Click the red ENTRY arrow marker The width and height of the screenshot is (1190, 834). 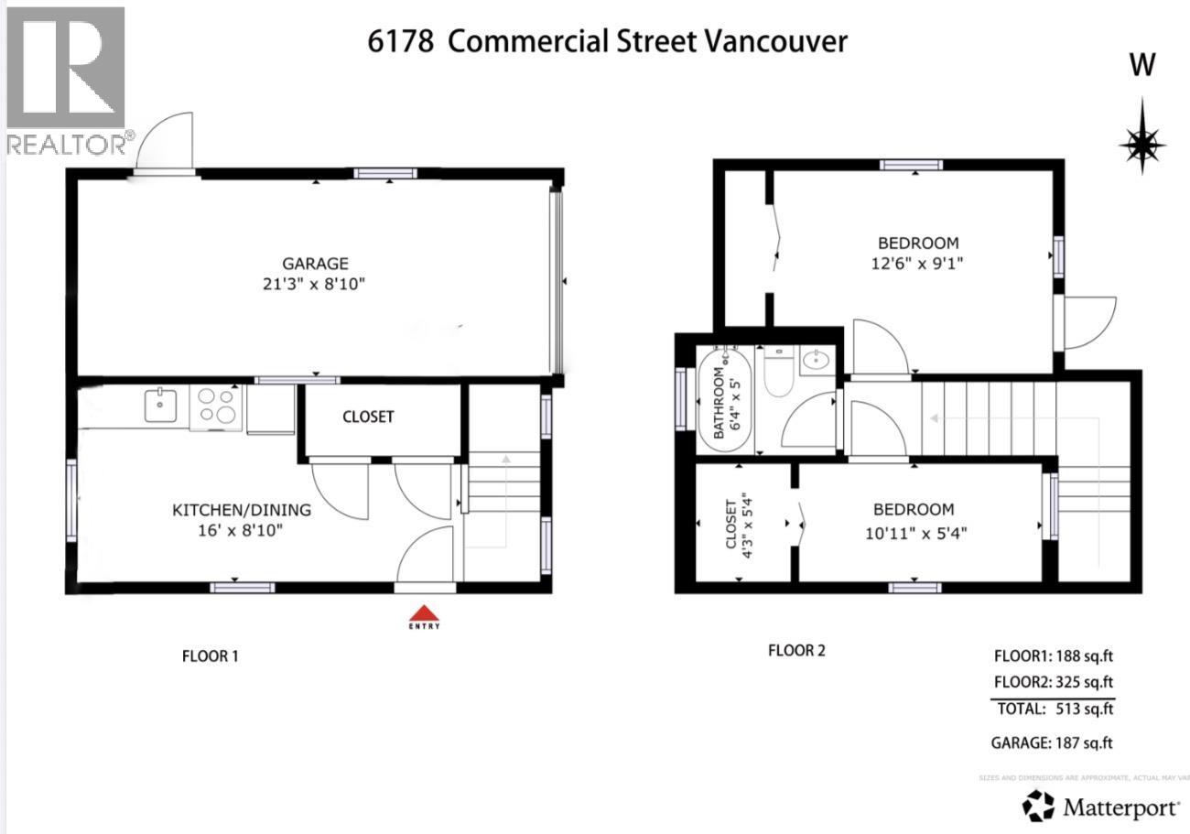click(424, 613)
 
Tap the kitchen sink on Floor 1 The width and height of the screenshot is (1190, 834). click(160, 405)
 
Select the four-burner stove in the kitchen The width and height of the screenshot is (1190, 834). click(217, 406)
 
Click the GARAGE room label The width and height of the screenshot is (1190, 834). click(315, 264)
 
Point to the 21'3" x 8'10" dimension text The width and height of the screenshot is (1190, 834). click(315, 285)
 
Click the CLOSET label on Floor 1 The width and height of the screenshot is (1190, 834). click(368, 417)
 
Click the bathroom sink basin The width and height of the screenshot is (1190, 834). click(815, 361)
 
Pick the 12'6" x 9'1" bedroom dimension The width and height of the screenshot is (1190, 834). click(918, 264)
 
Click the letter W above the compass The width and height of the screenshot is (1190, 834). click(1142, 66)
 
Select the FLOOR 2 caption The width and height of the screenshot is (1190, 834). click(795, 651)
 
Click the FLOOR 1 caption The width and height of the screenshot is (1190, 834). click(210, 655)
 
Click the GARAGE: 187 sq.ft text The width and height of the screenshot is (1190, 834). click(1052, 743)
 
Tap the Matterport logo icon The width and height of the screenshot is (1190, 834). click(1038, 807)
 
